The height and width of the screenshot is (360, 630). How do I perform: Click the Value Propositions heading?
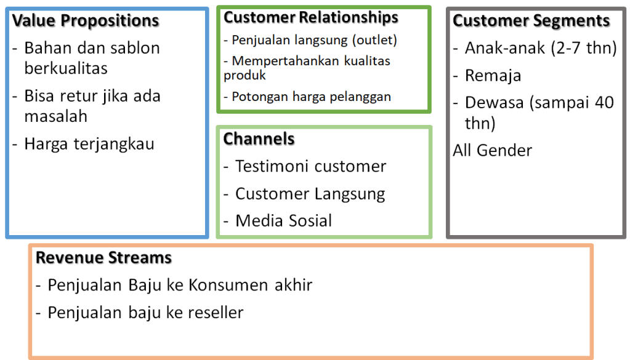click(x=86, y=20)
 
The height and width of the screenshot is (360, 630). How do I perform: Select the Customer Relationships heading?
click(x=311, y=18)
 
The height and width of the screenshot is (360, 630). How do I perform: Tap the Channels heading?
click(x=259, y=138)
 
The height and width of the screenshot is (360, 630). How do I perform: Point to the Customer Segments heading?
click(x=531, y=20)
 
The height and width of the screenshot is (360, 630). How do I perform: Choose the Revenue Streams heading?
click(x=103, y=257)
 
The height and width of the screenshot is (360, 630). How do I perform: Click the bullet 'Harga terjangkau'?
click(x=89, y=144)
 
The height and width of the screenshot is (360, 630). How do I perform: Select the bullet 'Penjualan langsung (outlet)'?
click(x=314, y=40)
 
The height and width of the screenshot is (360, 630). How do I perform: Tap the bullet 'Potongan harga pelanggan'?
click(x=311, y=97)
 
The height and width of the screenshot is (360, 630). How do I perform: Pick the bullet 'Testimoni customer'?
click(x=310, y=166)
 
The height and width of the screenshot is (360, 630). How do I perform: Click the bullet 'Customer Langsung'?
click(x=310, y=194)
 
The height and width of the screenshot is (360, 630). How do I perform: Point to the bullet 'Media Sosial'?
click(x=283, y=220)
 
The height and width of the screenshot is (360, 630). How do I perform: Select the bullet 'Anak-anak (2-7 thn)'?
click(x=541, y=48)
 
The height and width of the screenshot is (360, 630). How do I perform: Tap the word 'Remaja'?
click(x=493, y=76)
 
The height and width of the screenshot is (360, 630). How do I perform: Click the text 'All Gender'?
click(x=493, y=150)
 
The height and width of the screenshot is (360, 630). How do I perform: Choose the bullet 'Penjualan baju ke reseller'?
click(x=145, y=312)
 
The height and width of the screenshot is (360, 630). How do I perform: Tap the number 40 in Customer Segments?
click(x=603, y=102)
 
